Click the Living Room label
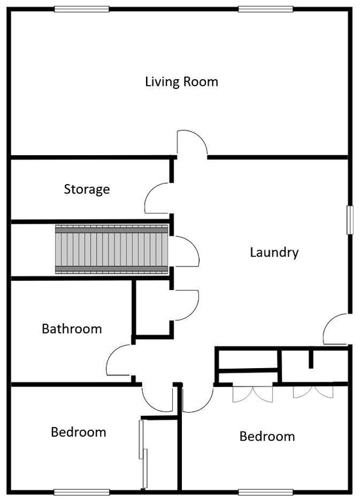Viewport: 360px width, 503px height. coord(181,82)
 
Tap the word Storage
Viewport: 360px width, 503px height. coord(86,189)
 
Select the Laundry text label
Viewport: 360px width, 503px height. coord(274,252)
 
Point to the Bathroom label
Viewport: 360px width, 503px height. coord(72,328)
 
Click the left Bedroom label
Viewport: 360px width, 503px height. coord(79,432)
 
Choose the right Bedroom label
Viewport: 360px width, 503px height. coord(267,436)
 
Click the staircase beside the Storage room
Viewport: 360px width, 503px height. coord(111,249)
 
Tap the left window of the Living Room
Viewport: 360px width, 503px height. coord(82,9)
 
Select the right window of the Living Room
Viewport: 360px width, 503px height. coord(265,9)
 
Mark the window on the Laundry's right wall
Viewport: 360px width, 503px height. coord(350,218)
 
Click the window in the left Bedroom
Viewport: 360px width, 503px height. coord(81,492)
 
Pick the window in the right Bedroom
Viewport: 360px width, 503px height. coord(264,492)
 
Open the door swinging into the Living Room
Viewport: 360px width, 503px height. coord(190,144)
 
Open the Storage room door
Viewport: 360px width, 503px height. coord(159,197)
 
